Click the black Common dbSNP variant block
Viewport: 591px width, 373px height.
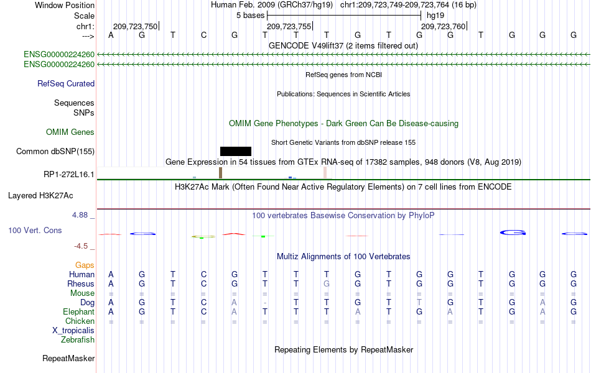pyautogui.click(x=236, y=152)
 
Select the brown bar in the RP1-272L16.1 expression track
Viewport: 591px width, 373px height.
pyautogui.click(x=220, y=173)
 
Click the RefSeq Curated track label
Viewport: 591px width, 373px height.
pyautogui.click(x=66, y=84)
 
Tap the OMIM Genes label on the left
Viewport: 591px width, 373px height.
pyautogui.click(x=70, y=132)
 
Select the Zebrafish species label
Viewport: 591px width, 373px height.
pyautogui.click(x=78, y=339)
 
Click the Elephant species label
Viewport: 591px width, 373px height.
pyautogui.click(x=79, y=311)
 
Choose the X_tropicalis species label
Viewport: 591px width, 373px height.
pyautogui.click(x=73, y=331)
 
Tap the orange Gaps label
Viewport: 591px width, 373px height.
pyautogui.click(x=85, y=265)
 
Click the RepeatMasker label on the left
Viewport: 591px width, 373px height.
pyautogui.click(x=68, y=358)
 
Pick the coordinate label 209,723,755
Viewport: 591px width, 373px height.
pyautogui.click(x=289, y=26)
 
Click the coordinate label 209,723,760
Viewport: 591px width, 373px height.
pyautogui.click(x=443, y=26)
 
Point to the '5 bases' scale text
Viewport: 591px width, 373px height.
pyautogui.click(x=251, y=16)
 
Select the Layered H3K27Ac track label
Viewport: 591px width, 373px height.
pyautogui.click(x=40, y=196)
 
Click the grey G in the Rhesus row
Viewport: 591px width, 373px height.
pyautogui.click(x=327, y=283)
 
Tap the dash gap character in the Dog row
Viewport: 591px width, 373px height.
pyautogui.click(x=265, y=303)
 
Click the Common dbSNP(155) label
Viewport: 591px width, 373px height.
pyautogui.click(x=55, y=152)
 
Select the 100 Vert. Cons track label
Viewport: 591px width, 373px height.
pyautogui.click(x=35, y=230)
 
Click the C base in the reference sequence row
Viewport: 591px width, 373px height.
pyautogui.click(x=203, y=35)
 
